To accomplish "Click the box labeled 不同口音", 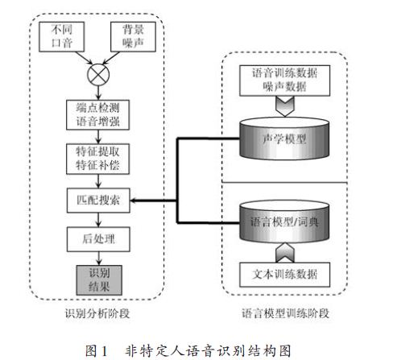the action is pos(62,37).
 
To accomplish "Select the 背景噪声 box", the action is pos(133,37).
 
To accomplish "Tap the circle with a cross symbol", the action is pos(98,75).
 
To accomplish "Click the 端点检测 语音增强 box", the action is pos(98,115).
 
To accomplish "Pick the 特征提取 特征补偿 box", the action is pos(98,159).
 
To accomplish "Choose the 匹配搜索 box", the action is pos(98,201).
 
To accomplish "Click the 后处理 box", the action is pos(98,239).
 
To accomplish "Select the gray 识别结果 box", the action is pos(99,280).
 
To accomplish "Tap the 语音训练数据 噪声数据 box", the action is pos(285,81).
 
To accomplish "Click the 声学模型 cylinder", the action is pos(284,139).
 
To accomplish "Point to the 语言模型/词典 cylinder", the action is pos(284,221).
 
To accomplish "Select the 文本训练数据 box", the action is pos(285,275).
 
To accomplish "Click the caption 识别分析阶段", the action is pos(97,313).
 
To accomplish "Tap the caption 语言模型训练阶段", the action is pos(285,313).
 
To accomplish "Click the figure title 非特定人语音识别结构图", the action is pos(208,350).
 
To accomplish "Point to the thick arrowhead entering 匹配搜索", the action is pos(134,201).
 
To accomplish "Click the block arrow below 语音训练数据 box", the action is pos(285,106).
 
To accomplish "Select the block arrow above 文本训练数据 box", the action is pos(285,252).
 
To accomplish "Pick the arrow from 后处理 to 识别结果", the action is pos(99,259).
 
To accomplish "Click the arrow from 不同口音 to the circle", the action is pos(84,58).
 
